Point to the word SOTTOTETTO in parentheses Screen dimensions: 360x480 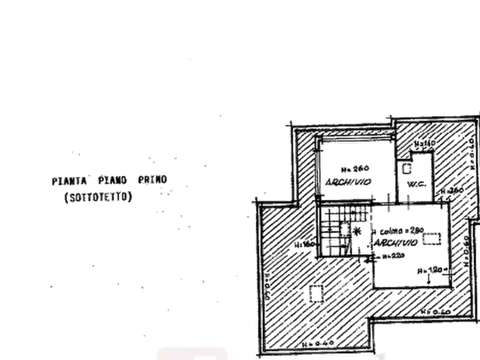tap(98, 198)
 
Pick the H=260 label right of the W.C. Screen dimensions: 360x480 tap(452, 192)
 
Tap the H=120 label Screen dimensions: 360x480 tap(440, 270)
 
